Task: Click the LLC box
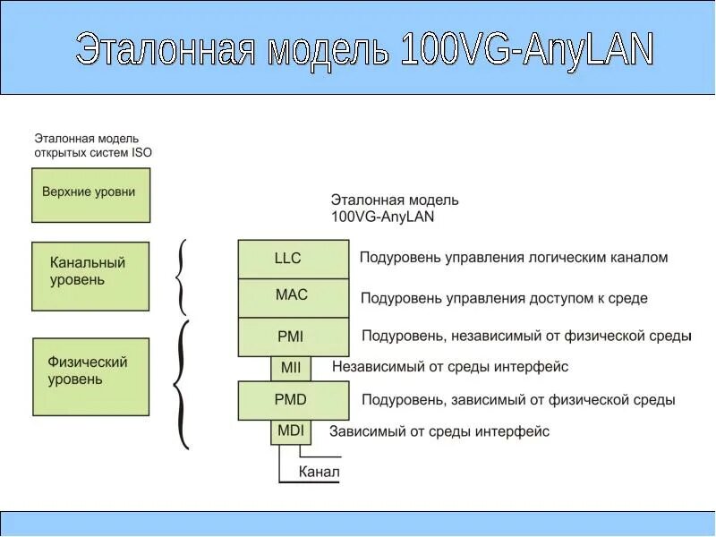(x=293, y=259)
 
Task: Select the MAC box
(x=293, y=297)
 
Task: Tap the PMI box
(x=293, y=337)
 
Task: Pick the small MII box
(x=291, y=367)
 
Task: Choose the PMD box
(x=293, y=400)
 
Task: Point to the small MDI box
(x=291, y=430)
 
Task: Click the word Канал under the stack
(x=319, y=472)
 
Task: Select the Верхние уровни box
(x=90, y=193)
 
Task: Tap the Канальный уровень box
(x=90, y=275)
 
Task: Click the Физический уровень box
(x=90, y=376)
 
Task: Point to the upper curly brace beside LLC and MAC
(x=181, y=277)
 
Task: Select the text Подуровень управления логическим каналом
(x=513, y=258)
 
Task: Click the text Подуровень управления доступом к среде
(x=503, y=298)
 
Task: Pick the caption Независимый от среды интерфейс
(x=449, y=366)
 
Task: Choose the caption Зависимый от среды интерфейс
(x=439, y=431)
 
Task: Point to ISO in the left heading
(x=141, y=152)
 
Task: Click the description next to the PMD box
(x=517, y=400)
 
